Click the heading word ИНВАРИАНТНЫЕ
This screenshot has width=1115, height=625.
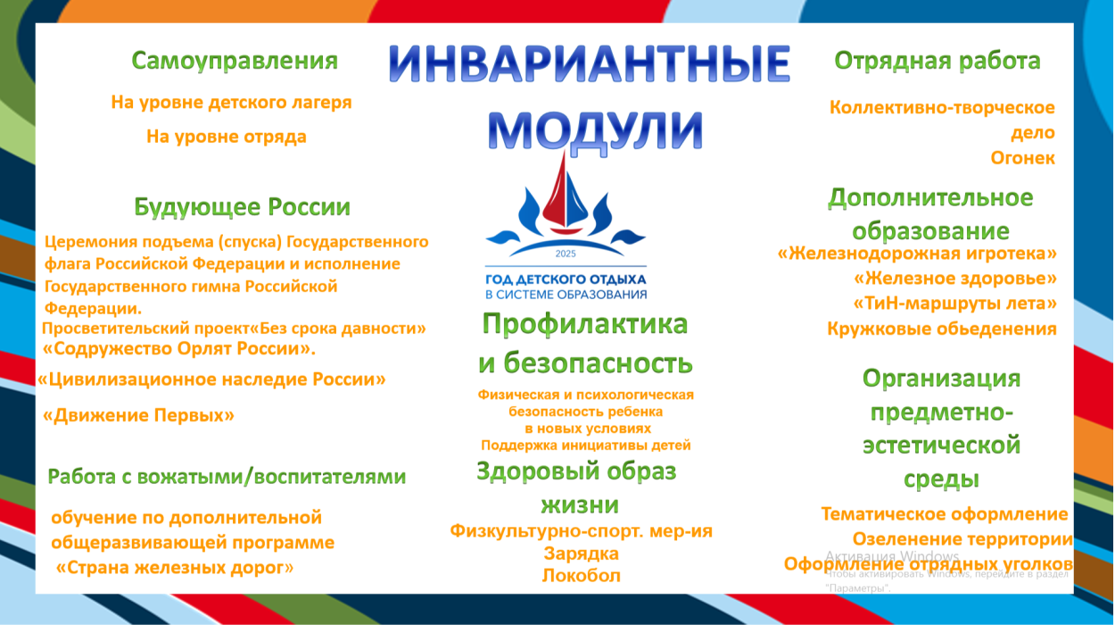590,66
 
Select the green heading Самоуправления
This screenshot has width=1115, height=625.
235,61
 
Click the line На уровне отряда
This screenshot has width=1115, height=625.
226,137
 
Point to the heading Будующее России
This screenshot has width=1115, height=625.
242,207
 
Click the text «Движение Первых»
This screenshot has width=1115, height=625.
139,415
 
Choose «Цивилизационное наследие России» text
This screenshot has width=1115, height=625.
211,379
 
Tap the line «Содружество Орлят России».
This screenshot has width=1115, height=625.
179,348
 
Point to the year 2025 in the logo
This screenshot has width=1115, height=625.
566,254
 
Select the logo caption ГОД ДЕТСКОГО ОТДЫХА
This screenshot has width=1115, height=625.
566,279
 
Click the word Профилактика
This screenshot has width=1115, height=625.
584,324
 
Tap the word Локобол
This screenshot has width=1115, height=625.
581,576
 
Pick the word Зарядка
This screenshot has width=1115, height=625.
581,554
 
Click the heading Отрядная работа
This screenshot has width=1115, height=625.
937,61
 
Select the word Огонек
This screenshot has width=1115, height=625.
1022,158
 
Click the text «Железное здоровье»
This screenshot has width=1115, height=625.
954,278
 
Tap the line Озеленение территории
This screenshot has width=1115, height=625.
962,539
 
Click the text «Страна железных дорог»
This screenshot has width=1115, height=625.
174,568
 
